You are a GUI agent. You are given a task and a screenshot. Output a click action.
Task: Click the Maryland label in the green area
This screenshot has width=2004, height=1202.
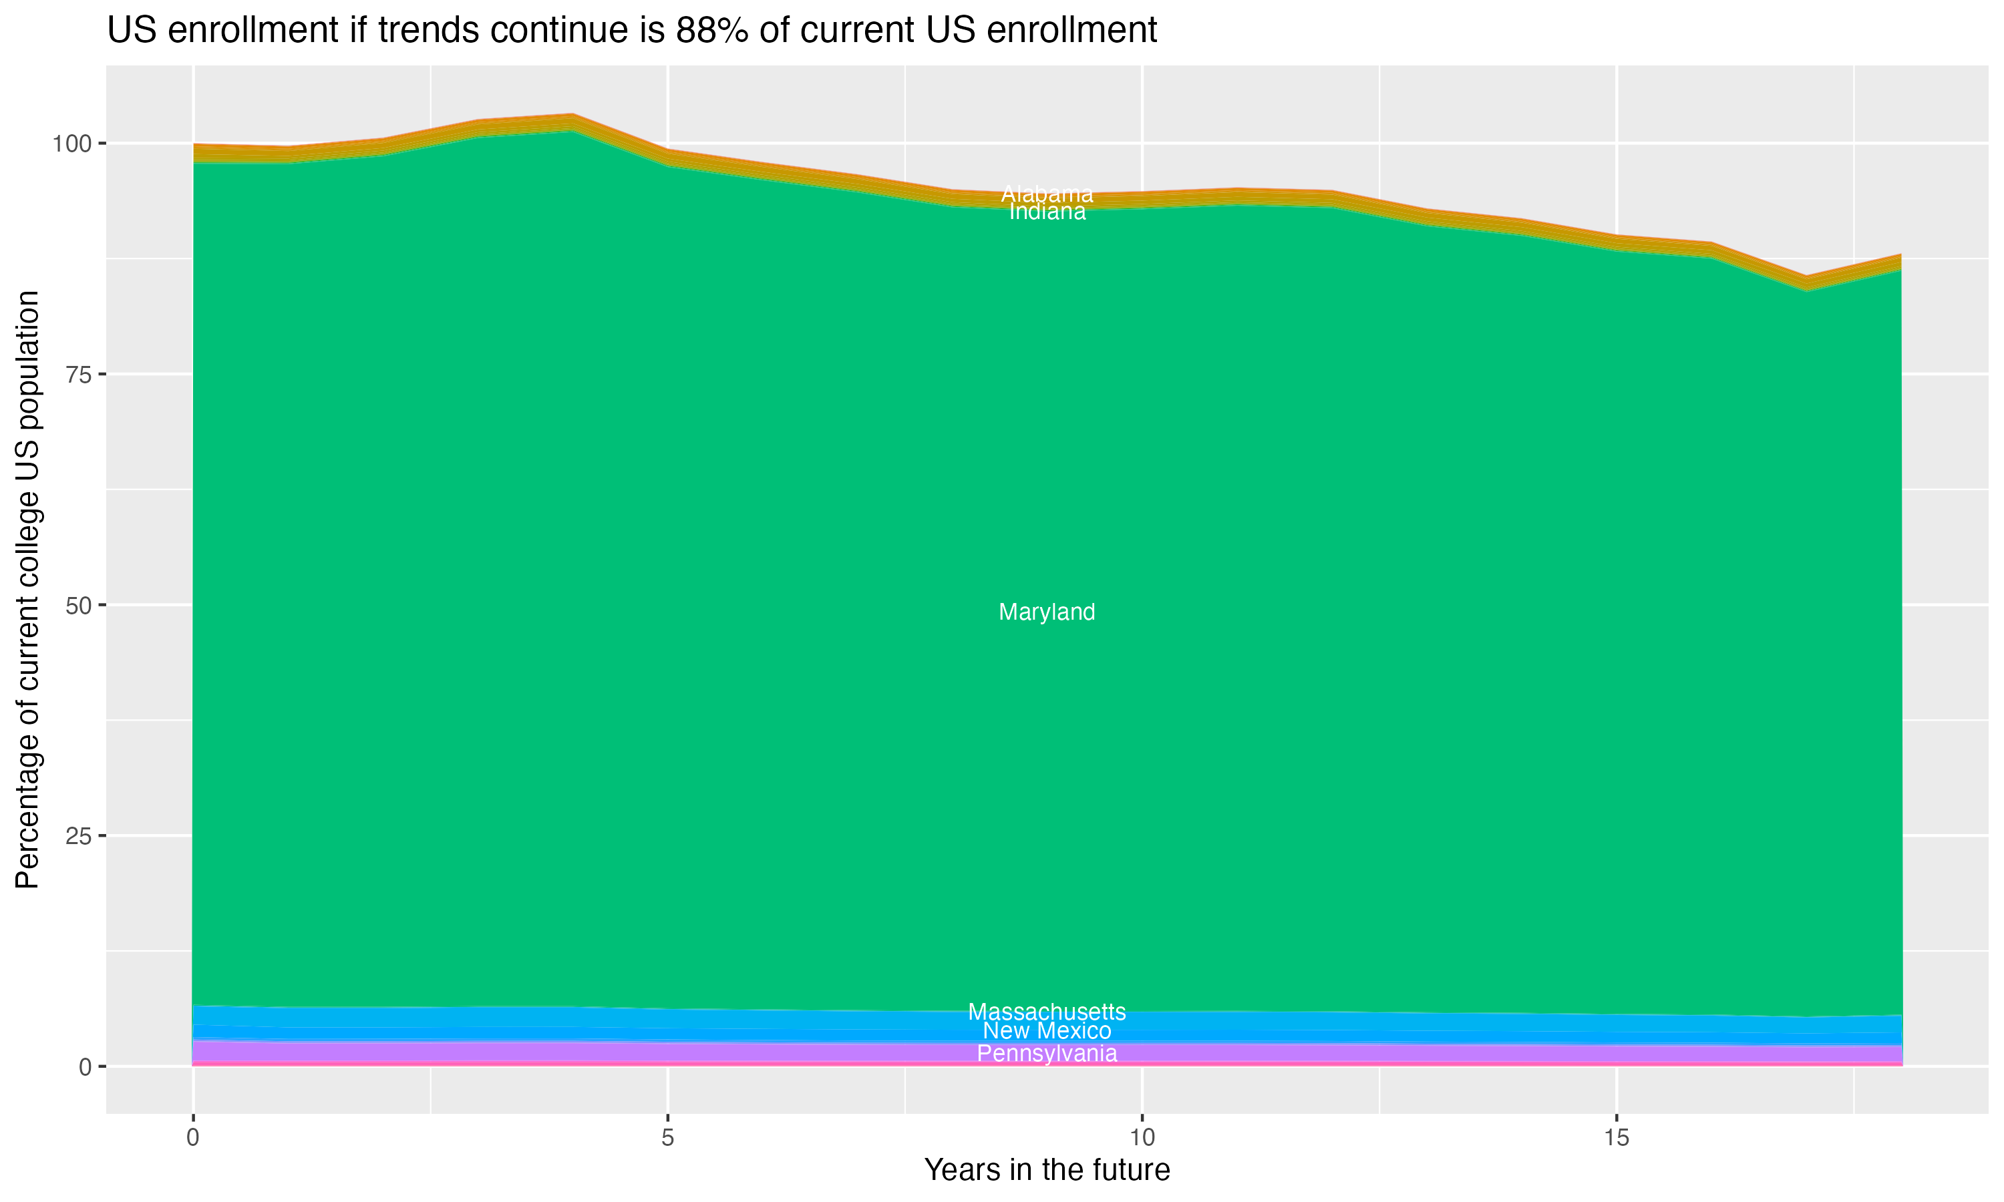click(1047, 612)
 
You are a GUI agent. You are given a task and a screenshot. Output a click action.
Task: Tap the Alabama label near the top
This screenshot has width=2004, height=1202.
click(1047, 194)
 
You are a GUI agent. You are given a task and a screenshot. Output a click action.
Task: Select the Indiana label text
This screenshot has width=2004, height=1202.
click(1047, 212)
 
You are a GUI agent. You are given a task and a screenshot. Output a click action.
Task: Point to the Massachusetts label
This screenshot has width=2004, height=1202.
click(1047, 1012)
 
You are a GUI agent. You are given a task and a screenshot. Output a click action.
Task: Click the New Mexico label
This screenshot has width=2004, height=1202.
click(1047, 1031)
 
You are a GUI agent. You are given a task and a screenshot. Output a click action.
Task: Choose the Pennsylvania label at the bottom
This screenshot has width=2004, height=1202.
click(1047, 1054)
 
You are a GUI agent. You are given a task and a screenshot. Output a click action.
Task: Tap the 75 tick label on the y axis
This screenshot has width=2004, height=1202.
click(77, 374)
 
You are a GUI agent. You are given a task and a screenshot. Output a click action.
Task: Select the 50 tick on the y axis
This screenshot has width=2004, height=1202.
click(77, 605)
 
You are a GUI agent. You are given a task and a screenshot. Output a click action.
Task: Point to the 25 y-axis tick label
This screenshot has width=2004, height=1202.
click(77, 836)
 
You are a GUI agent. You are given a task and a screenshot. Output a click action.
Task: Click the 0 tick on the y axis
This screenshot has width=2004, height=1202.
click(84, 1066)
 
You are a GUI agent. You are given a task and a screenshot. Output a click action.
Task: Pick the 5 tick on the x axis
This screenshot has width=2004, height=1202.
click(667, 1138)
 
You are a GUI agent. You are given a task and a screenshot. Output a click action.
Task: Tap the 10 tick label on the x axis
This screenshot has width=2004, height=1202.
click(1142, 1138)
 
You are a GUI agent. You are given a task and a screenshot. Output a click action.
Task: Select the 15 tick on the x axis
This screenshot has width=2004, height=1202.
click(1616, 1138)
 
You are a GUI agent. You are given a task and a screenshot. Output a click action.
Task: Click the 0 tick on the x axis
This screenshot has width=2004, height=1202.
click(193, 1138)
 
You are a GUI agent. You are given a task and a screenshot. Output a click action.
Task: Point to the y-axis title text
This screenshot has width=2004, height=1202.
click(27, 589)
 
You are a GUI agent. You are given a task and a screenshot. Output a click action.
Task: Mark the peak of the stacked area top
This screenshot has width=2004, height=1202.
click(572, 114)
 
